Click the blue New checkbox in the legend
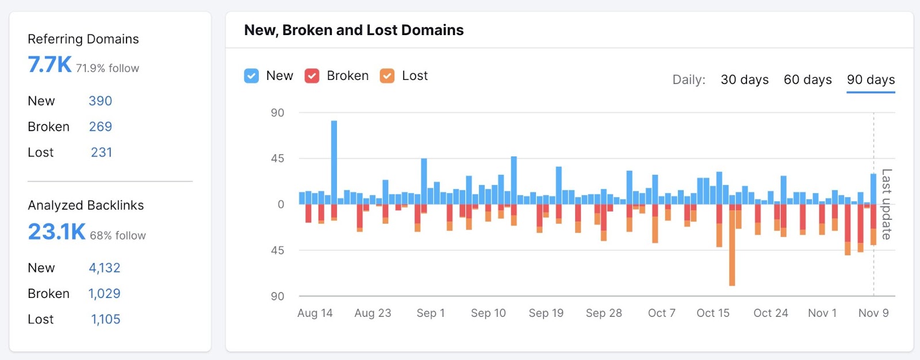pos(251,76)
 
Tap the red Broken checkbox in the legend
pos(312,76)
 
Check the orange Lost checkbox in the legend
pos(388,76)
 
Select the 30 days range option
pos(745,80)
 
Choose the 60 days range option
pos(807,80)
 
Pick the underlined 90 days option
pos(871,80)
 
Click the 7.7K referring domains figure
pos(50,65)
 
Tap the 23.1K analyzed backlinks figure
pos(56,232)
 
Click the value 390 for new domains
pos(100,101)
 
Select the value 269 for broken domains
pos(100,127)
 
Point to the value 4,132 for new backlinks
pos(104,268)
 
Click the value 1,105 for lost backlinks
pos(105,319)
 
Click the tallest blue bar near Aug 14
pos(334,161)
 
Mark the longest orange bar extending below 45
pos(732,253)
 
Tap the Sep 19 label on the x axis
pos(546,313)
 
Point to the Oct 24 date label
pos(770,313)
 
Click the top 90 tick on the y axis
pos(277,113)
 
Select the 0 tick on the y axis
pos(281,205)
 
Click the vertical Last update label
pos(887,204)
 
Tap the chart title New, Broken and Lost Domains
pos(354,30)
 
